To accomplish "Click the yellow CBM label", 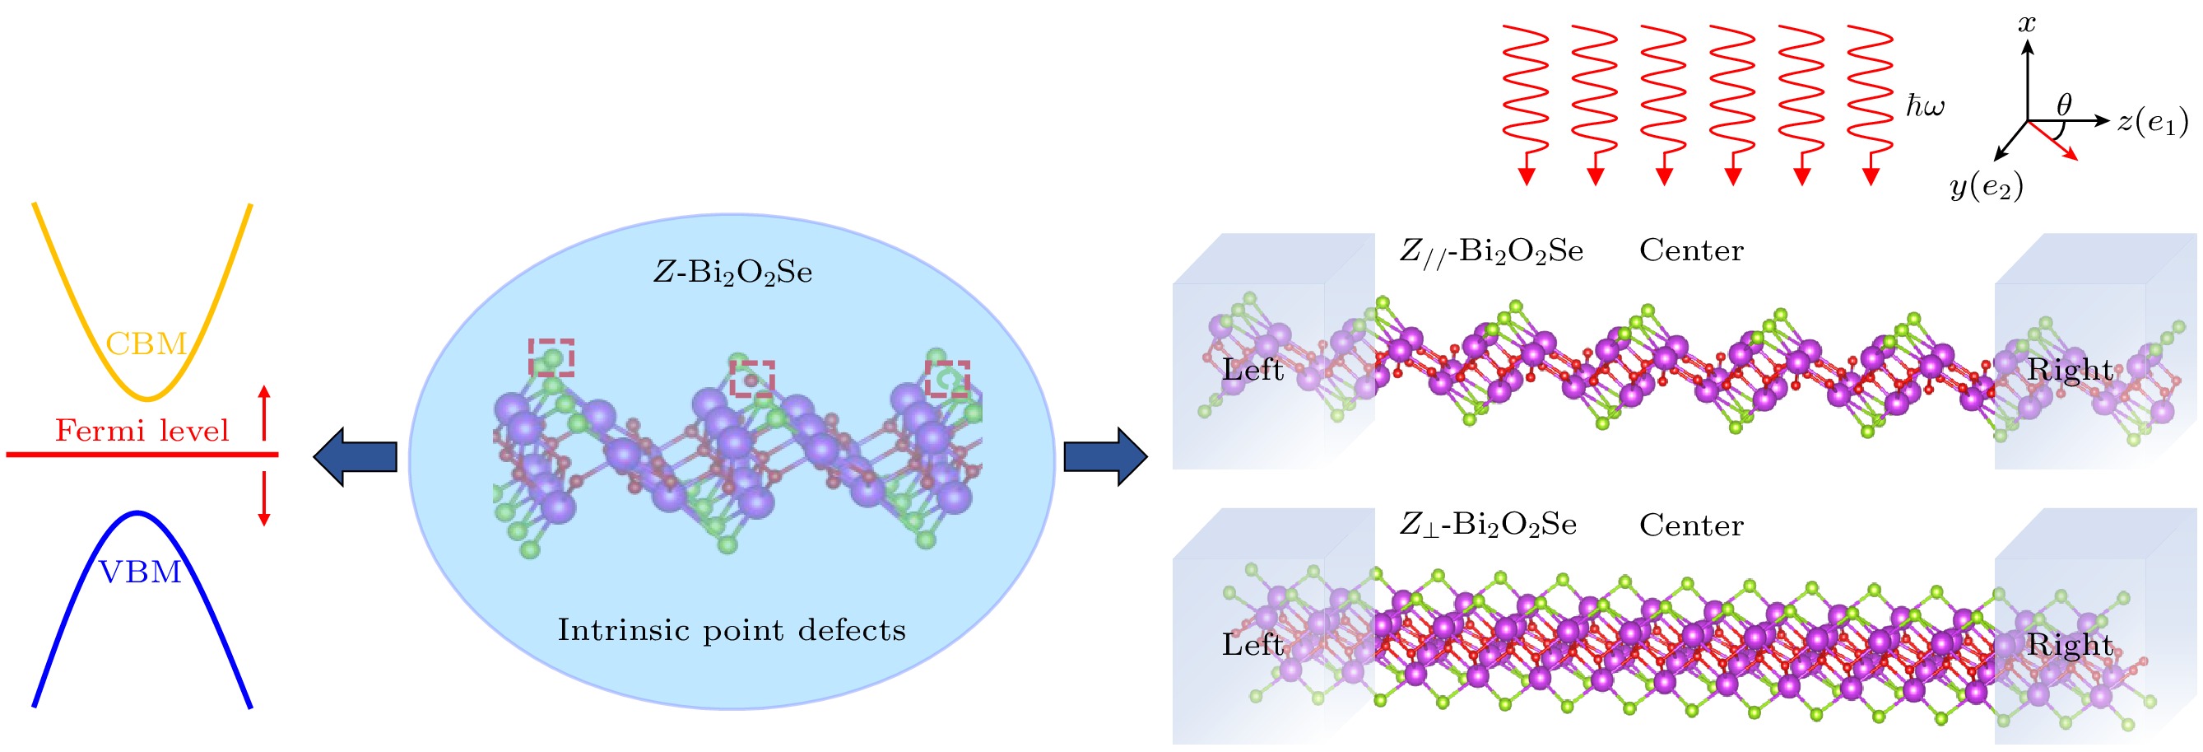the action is (x=146, y=344).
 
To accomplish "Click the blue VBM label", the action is (x=141, y=572).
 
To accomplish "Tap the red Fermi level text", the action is (x=142, y=430).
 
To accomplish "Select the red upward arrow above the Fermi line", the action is (x=264, y=413).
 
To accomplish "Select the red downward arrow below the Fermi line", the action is (x=264, y=498).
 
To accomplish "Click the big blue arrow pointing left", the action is (x=355, y=457).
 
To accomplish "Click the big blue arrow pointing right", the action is (x=1106, y=457).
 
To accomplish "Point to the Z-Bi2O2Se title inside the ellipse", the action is (x=733, y=273).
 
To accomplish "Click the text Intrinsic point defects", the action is (x=732, y=631).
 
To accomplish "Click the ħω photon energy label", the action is (x=1925, y=106).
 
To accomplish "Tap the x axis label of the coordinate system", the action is (x=2027, y=23).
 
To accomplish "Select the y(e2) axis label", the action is (x=1987, y=186).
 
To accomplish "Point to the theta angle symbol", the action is (x=2065, y=105).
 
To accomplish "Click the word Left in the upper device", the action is (x=1253, y=370).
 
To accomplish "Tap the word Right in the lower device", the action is (x=2070, y=644).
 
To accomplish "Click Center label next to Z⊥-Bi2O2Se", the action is (x=1692, y=525).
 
